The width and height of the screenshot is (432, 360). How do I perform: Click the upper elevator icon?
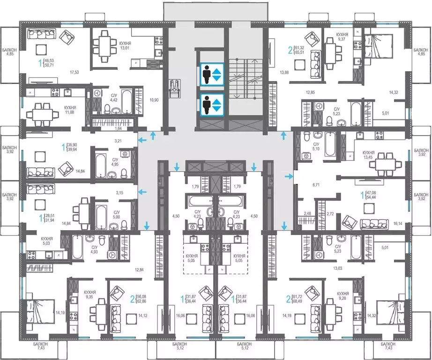tap(212, 74)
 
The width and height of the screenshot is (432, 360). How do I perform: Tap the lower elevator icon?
tap(212, 105)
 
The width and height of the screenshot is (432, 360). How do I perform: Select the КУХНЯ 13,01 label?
tap(125, 45)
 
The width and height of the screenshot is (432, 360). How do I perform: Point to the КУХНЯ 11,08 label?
tap(70, 110)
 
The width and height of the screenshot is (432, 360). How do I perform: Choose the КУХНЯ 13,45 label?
tap(368, 155)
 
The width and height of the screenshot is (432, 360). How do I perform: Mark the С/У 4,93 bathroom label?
tap(94, 249)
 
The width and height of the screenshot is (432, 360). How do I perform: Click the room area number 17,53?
tap(74, 73)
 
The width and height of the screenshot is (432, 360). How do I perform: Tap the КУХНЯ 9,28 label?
tap(343, 295)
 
